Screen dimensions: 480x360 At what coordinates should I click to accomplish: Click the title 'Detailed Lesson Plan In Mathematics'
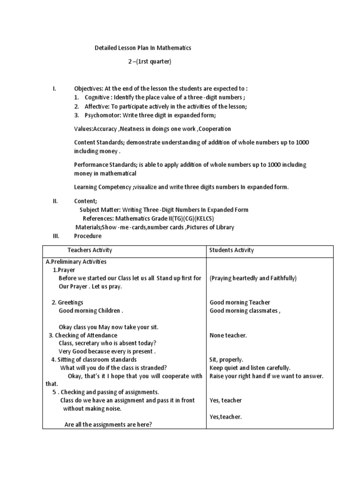[x=143, y=48]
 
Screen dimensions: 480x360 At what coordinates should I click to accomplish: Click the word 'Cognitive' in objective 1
[x=97, y=97]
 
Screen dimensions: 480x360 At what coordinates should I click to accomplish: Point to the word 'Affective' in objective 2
[x=97, y=106]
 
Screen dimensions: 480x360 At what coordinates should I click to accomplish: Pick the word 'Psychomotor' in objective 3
[x=101, y=115]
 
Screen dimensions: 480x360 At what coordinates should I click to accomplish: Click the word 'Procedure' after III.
[x=88, y=236]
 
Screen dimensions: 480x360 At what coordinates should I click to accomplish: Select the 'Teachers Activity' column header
[x=90, y=250]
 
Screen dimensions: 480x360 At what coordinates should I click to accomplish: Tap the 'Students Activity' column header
[x=232, y=250]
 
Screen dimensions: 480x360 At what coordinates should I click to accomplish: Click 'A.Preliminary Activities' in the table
[x=76, y=262]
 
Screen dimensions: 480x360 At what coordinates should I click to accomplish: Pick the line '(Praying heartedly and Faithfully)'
[x=253, y=278]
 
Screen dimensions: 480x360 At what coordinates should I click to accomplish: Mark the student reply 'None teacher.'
[x=228, y=335]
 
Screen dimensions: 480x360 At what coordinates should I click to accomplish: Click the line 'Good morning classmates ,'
[x=245, y=311]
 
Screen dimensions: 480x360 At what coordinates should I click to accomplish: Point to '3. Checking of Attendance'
[x=83, y=335]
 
